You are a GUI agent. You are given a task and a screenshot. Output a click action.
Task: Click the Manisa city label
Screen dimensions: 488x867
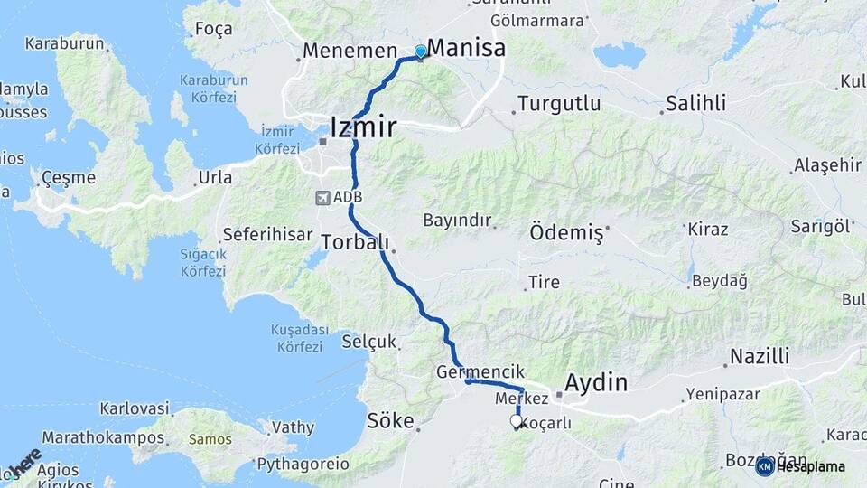(x=466, y=48)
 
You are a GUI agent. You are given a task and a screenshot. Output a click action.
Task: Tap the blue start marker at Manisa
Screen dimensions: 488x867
(x=420, y=52)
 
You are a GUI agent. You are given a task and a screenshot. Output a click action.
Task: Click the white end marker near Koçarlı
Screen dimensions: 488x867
(x=517, y=421)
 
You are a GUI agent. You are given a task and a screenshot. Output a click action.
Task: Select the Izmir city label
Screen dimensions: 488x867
(x=363, y=127)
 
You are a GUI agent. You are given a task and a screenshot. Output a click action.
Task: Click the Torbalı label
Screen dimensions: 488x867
(x=355, y=242)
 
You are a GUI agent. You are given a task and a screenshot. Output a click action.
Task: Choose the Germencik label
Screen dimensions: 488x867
(x=467, y=371)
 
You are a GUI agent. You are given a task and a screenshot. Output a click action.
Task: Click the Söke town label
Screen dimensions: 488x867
(x=390, y=420)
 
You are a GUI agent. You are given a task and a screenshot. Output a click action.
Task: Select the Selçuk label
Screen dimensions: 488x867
(x=369, y=342)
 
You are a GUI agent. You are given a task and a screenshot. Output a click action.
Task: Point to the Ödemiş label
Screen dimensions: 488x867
(x=566, y=232)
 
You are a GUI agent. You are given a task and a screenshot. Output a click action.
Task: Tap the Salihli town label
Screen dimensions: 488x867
(x=695, y=103)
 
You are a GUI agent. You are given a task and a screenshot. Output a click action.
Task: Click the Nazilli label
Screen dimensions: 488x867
(x=760, y=356)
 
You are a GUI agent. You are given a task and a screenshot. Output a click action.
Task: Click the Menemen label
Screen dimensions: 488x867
(x=350, y=51)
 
